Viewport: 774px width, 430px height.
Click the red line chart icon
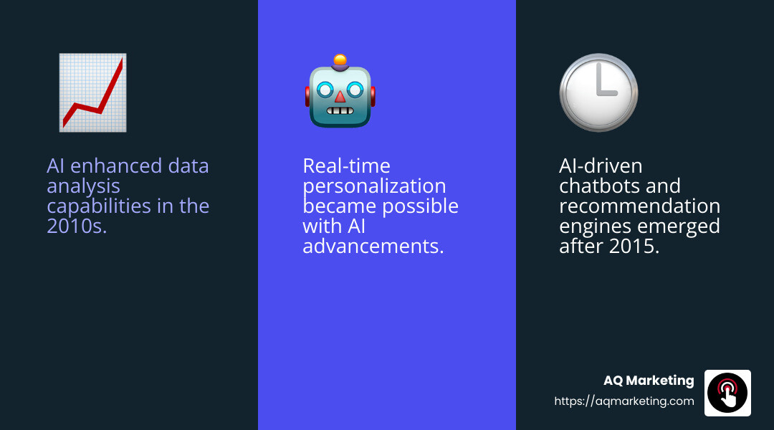92,92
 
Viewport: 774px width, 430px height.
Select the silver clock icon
598,92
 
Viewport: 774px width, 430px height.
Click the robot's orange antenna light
340,60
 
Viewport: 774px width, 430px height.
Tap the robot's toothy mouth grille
340,112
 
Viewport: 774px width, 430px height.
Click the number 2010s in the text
76,226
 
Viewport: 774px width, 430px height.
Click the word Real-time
346,166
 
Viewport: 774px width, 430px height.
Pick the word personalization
374,186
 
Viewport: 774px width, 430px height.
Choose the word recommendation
639,206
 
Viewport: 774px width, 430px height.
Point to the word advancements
373,247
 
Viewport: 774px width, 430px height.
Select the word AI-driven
601,166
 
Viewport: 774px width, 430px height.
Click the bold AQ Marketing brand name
649,381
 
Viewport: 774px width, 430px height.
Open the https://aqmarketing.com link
624,401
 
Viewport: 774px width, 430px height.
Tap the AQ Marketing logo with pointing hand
727,393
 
